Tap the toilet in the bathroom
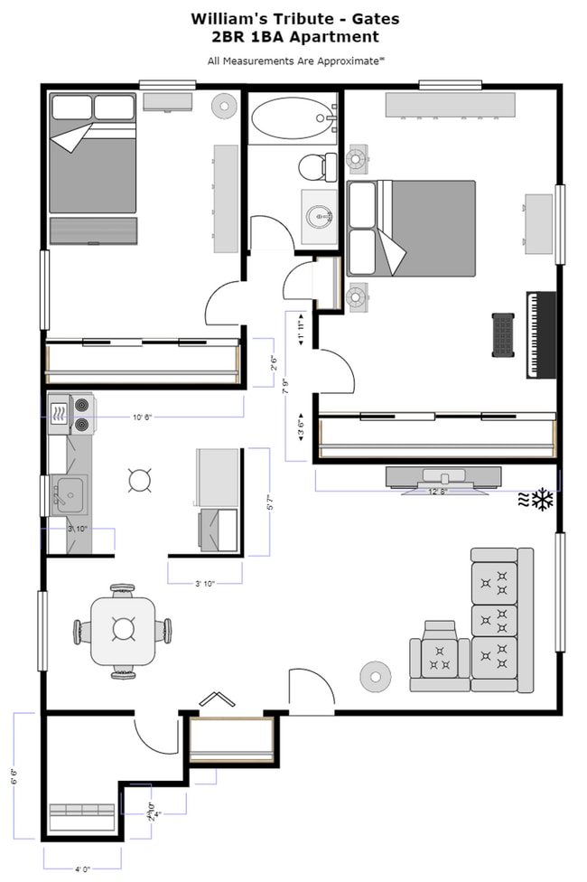pos(313,166)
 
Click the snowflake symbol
pos(542,499)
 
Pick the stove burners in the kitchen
pos(82,414)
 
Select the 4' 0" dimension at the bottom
pos(81,869)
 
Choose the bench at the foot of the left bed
pos(93,230)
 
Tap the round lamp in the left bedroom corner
pos(223,106)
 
